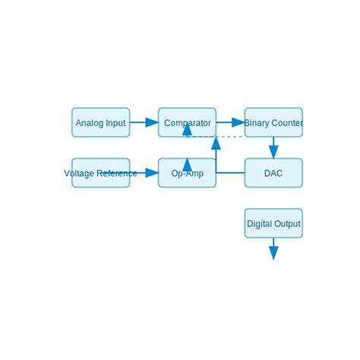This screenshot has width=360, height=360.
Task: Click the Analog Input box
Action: pos(100,122)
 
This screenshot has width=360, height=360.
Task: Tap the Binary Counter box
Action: pos(273,122)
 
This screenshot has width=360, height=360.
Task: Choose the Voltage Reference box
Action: pos(100,173)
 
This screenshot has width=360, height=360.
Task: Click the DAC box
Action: pos(273,173)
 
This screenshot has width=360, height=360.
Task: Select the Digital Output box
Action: pos(273,223)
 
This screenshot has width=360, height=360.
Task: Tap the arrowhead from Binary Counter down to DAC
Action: pos(273,152)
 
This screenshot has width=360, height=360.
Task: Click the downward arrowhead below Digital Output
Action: pos(273,253)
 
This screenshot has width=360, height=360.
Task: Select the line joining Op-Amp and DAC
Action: pos(231,173)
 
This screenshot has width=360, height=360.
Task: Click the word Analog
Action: pos(89,123)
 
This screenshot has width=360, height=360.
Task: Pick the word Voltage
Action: pos(79,173)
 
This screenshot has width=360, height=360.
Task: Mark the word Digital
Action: pos(259,224)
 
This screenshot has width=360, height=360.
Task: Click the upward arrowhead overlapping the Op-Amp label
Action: pos(187,164)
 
